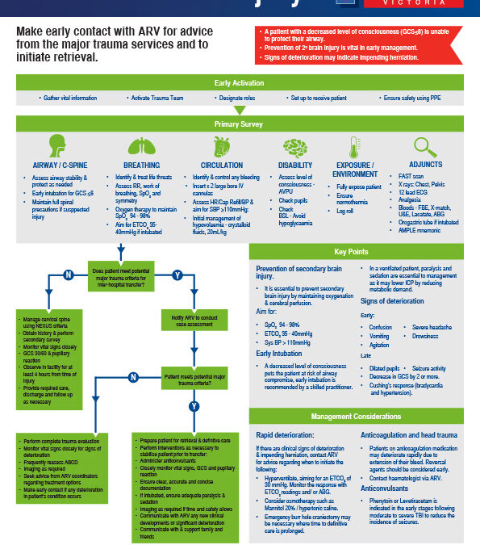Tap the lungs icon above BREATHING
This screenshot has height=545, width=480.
[x=142, y=148]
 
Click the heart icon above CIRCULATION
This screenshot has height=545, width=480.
[x=216, y=148]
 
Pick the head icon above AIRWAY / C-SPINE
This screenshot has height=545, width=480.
[x=57, y=148]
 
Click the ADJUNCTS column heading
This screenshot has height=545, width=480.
[x=425, y=165]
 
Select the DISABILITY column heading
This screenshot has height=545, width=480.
[x=294, y=165]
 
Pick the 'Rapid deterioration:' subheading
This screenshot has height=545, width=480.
[x=286, y=434]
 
